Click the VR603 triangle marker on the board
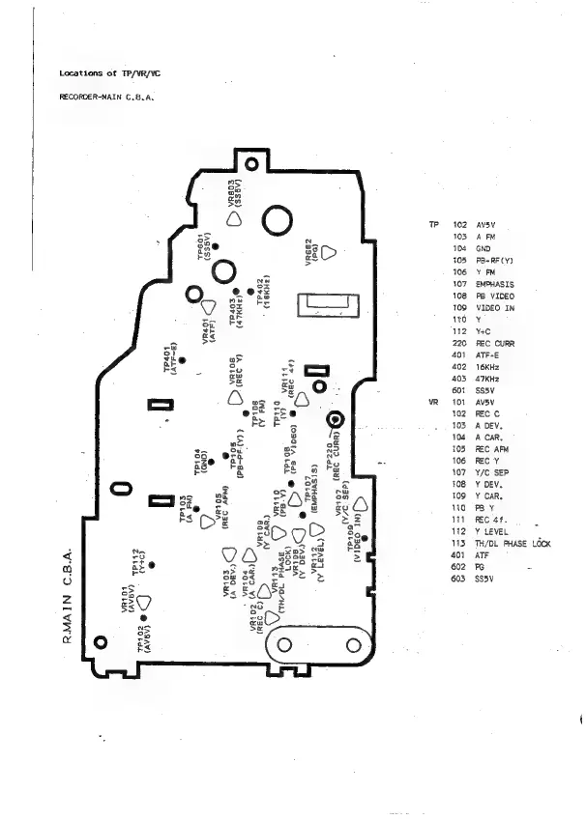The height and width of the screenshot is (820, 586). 234,218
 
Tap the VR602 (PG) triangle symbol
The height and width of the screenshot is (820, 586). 328,252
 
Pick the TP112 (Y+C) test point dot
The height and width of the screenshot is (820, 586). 151,563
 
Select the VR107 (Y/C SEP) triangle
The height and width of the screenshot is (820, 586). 360,503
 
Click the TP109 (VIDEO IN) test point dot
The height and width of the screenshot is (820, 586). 366,537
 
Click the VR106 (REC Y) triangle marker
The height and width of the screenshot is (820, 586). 232,397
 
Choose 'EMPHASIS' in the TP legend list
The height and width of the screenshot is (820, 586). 494,284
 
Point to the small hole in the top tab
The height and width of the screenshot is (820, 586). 253,153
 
